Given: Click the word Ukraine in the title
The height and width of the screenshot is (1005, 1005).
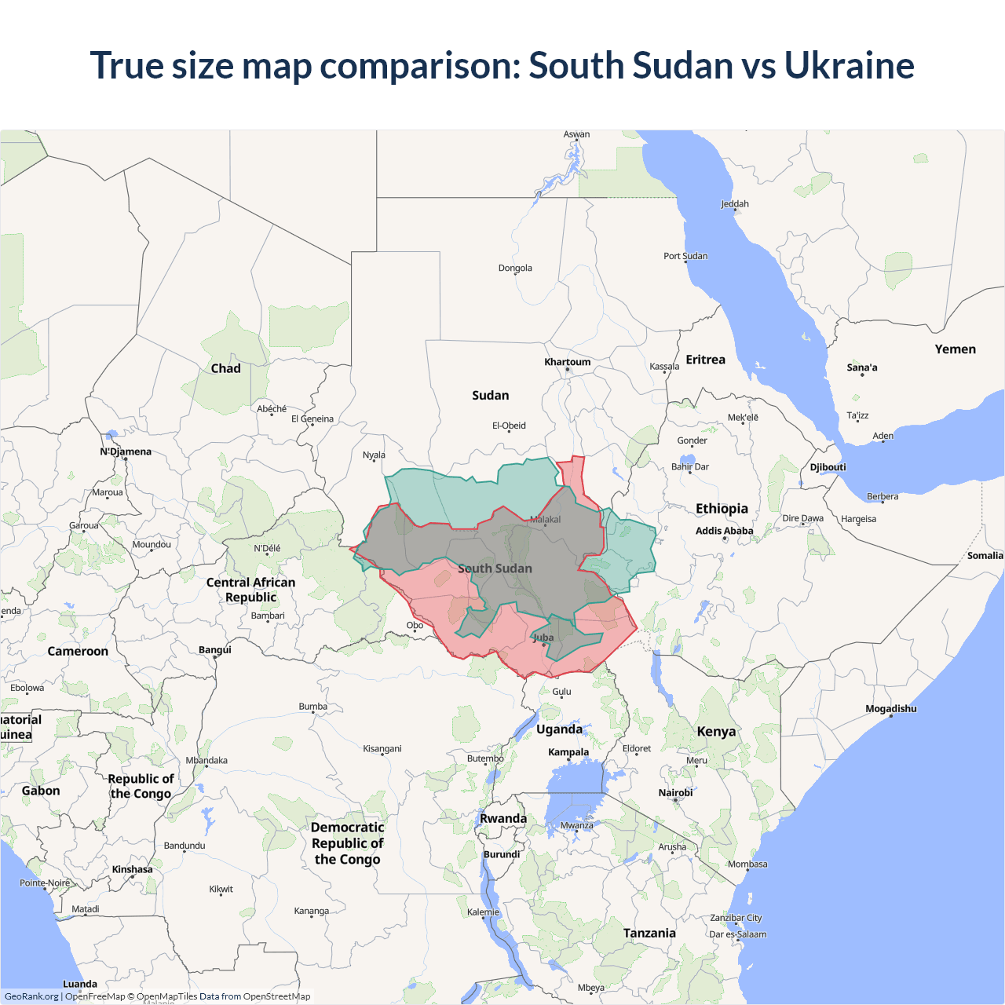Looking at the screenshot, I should click(849, 65).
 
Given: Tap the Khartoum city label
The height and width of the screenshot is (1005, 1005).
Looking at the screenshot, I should click(567, 362).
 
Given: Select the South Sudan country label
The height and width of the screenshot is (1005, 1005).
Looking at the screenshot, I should click(495, 568).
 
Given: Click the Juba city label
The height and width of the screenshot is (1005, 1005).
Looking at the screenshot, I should click(543, 638).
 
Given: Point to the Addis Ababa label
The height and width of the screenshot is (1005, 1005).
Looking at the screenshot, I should click(724, 531).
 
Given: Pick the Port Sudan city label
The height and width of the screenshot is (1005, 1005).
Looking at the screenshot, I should click(685, 256).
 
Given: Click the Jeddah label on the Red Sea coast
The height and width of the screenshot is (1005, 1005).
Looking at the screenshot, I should click(735, 204).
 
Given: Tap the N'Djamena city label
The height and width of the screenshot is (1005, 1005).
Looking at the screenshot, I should click(126, 451).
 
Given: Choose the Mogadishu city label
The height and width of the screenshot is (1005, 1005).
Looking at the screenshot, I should click(890, 709).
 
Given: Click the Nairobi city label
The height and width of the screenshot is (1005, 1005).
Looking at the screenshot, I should click(675, 793).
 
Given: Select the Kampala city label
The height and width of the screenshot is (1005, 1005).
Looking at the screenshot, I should click(568, 752).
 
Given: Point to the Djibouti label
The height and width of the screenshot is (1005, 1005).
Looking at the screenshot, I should click(828, 467).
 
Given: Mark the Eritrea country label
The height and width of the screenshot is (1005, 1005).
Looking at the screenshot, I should click(705, 360).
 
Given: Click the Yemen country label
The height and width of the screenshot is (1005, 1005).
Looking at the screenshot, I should click(955, 349).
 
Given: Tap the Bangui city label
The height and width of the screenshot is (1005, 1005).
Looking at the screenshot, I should click(215, 650).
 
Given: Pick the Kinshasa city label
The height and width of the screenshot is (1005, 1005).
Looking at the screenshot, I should click(132, 869).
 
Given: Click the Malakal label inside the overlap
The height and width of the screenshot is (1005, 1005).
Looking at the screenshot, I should click(545, 520).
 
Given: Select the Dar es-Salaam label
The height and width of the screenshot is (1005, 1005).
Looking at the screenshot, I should click(737, 934).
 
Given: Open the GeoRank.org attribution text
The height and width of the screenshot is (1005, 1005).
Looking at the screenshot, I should click(31, 996).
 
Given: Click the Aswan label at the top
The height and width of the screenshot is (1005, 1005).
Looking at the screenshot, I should click(576, 134).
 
